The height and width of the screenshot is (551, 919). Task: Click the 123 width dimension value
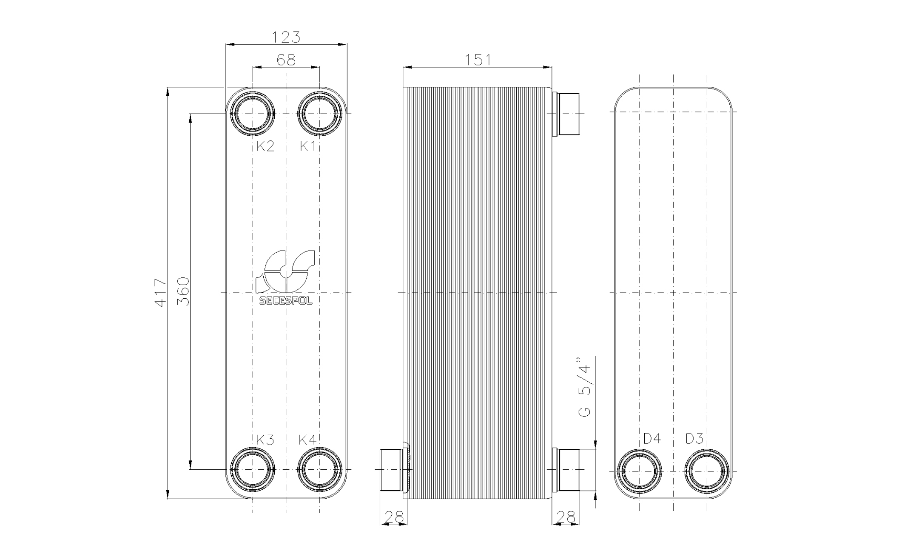click(x=286, y=37)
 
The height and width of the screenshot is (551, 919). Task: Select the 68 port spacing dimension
click(x=286, y=60)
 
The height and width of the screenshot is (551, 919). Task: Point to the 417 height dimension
click(x=160, y=293)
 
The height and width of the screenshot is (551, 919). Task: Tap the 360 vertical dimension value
click(x=183, y=291)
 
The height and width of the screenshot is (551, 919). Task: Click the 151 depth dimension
click(x=478, y=60)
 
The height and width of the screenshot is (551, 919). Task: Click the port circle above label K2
click(x=252, y=114)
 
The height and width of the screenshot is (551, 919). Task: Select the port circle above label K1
click(x=320, y=114)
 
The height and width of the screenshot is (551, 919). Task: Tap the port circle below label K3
click(x=252, y=469)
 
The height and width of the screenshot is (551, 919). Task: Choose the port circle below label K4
click(x=320, y=469)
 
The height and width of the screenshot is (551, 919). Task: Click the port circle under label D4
click(x=640, y=471)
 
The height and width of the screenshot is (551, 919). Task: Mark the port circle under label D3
click(x=707, y=471)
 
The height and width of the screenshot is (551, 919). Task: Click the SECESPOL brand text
click(x=286, y=301)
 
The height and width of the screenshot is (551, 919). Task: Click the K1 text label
click(x=307, y=146)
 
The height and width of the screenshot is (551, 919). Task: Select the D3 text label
click(x=694, y=438)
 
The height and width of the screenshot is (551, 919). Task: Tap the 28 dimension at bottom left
click(x=393, y=517)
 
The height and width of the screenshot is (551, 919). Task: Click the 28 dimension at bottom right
click(x=566, y=517)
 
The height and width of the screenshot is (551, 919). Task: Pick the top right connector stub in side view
click(x=568, y=114)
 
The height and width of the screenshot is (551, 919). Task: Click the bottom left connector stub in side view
click(x=391, y=469)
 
